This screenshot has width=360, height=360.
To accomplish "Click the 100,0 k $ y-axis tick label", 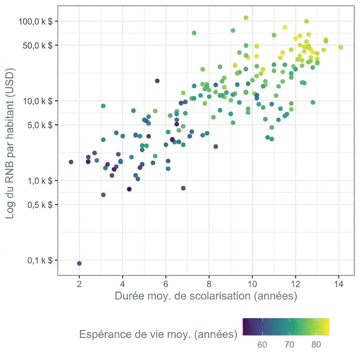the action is (36, 21).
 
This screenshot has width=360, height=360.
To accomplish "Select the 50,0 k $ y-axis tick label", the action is (38, 45).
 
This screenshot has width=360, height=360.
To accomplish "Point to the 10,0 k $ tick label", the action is (38, 101).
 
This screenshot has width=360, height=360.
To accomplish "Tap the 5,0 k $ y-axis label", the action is (40, 125).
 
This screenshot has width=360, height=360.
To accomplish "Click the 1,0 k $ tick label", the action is (40, 181).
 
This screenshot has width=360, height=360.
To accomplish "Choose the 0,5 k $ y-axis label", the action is (40, 205).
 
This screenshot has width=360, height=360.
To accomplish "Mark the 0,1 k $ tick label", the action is (40, 261).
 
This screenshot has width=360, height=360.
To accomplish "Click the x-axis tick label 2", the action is (79, 284).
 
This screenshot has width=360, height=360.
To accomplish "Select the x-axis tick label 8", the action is (209, 284).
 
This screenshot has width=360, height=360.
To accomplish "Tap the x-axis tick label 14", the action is (339, 284).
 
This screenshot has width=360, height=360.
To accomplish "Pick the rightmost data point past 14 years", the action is (341, 47).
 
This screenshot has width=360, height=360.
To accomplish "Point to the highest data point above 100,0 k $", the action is (246, 18).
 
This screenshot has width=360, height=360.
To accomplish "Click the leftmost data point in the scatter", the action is (71, 162).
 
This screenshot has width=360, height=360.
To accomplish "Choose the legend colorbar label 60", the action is (262, 345).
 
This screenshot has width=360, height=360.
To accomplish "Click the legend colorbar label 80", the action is (316, 345).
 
